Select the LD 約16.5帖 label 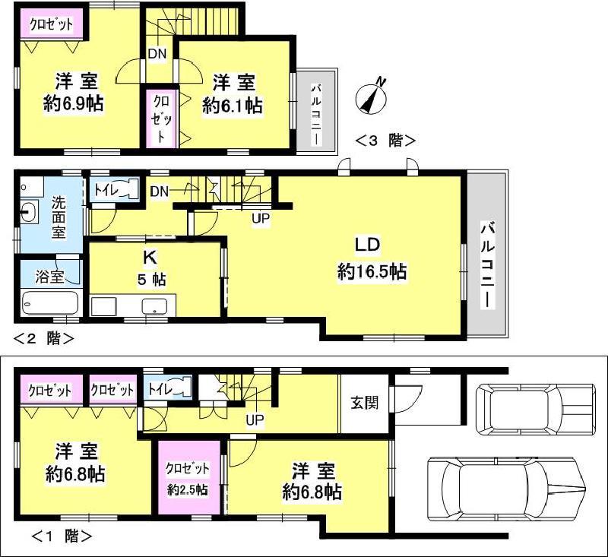coord(372,258)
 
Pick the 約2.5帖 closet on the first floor coord(187,479)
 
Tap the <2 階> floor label coord(43,339)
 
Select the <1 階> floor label coord(62,536)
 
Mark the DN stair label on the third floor coord(157,53)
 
